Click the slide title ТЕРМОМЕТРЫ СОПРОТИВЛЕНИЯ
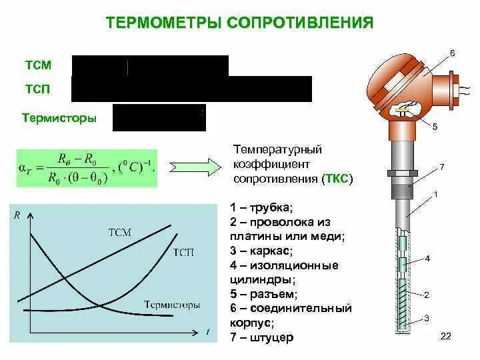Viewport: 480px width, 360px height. [239, 24]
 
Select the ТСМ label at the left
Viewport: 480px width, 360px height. [38, 65]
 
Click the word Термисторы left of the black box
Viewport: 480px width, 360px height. [59, 119]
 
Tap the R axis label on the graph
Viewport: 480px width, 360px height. [17, 214]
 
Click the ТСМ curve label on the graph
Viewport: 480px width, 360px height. [120, 232]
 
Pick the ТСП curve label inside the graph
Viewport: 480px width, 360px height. [183, 251]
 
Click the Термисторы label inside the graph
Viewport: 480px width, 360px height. [172, 305]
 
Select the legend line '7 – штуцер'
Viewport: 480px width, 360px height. [261, 338]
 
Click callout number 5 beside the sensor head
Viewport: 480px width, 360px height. [435, 126]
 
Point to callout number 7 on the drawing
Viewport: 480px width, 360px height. [441, 165]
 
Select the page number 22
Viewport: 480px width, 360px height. [446, 337]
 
